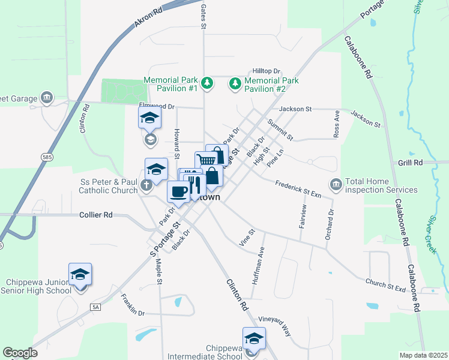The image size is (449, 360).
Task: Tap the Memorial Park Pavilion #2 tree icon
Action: click(x=235, y=84)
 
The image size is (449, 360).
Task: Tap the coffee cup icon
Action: click(x=178, y=191)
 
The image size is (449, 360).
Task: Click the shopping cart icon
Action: click(x=206, y=160)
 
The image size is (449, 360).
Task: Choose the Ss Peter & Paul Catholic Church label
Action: click(x=109, y=185)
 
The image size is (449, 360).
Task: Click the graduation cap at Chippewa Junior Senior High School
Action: click(x=80, y=274)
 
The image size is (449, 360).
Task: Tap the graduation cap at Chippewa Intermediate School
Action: click(x=254, y=338)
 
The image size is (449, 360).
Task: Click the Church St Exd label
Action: click(x=385, y=284)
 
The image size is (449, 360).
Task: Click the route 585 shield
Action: click(x=46, y=157)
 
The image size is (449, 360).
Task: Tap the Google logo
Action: click(x=20, y=353)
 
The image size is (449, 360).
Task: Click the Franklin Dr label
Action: click(x=133, y=305)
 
